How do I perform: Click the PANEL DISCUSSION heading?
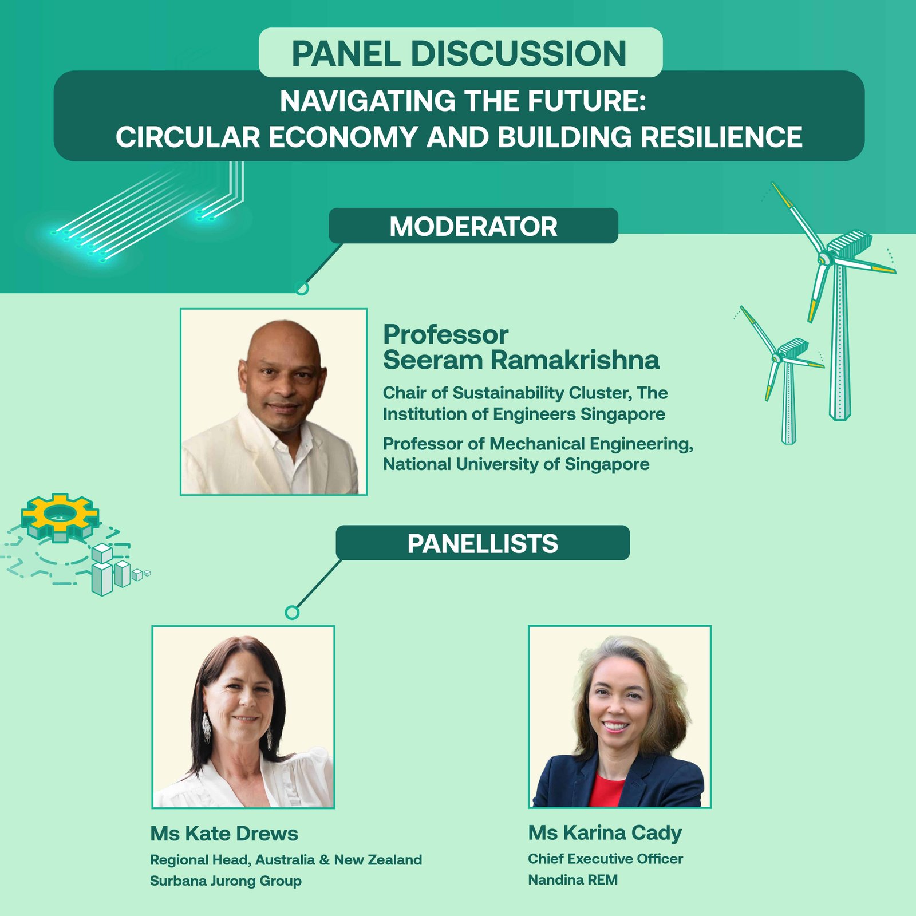[x=459, y=53]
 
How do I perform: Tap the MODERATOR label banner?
[x=473, y=226]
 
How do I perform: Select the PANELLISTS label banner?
[x=483, y=543]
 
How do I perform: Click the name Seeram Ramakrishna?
[x=521, y=360]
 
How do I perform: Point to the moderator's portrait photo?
[x=274, y=401]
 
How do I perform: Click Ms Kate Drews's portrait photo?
[x=243, y=717]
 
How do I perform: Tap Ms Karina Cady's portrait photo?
[x=619, y=717]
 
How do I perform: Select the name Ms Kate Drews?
[x=224, y=834]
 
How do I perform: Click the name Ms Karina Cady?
[x=605, y=833]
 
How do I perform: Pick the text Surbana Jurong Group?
[x=226, y=881]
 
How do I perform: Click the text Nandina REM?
[x=572, y=879]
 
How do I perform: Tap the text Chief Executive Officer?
[x=605, y=859]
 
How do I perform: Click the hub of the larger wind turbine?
[x=824, y=259]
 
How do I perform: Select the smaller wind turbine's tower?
[x=789, y=403]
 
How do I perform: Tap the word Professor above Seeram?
[x=445, y=335]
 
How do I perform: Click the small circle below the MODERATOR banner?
[x=302, y=288]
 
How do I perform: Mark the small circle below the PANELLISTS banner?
[x=292, y=613]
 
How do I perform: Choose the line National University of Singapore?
[x=516, y=464]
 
